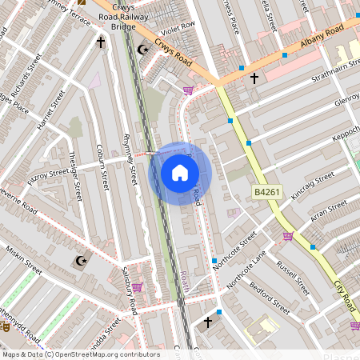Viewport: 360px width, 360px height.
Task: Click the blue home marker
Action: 179,173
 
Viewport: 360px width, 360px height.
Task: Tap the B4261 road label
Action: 267,192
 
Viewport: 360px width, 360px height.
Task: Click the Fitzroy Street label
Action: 48,173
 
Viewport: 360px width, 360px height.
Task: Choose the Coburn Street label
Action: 100,166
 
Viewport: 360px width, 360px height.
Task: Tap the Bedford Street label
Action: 268,296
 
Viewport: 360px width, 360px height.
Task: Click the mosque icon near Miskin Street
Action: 79,261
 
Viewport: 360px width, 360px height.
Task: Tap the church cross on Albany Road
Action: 254,78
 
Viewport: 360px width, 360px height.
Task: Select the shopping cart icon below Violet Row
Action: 189,90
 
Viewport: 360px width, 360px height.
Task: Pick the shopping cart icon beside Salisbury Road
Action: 137,286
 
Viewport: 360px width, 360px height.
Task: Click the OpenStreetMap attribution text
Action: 80,354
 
